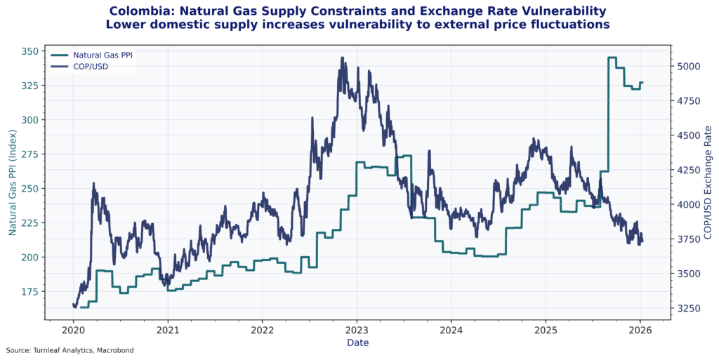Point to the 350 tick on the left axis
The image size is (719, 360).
[31, 51]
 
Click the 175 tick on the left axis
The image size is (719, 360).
[31, 291]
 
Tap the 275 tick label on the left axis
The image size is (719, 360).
[31, 154]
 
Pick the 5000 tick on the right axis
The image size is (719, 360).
[690, 66]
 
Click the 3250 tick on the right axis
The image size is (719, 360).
[690, 308]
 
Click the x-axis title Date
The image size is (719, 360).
[357, 342]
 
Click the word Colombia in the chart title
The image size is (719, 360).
[141, 11]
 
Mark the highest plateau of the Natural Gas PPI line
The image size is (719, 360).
[612, 58]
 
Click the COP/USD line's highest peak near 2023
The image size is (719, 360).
[342, 58]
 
